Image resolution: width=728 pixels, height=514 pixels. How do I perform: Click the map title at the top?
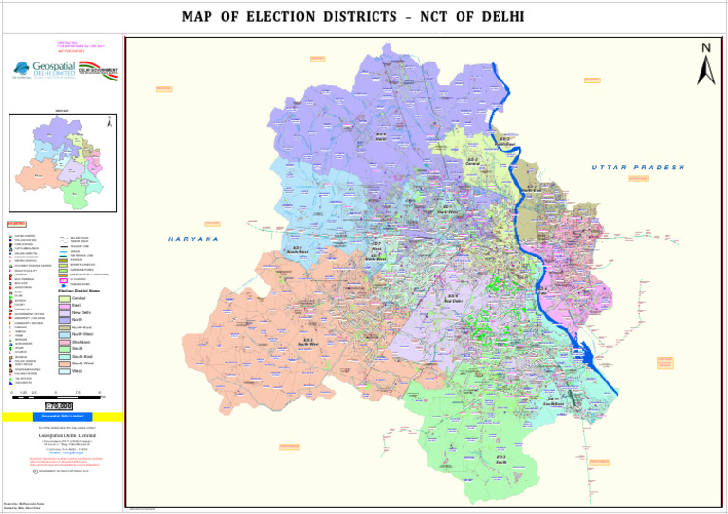click(x=364, y=17)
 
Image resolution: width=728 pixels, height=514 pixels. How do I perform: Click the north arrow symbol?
click(x=705, y=63)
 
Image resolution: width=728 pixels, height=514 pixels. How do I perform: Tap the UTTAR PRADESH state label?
click(x=638, y=167)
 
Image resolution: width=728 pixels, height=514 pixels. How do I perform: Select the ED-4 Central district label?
click(x=472, y=162)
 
